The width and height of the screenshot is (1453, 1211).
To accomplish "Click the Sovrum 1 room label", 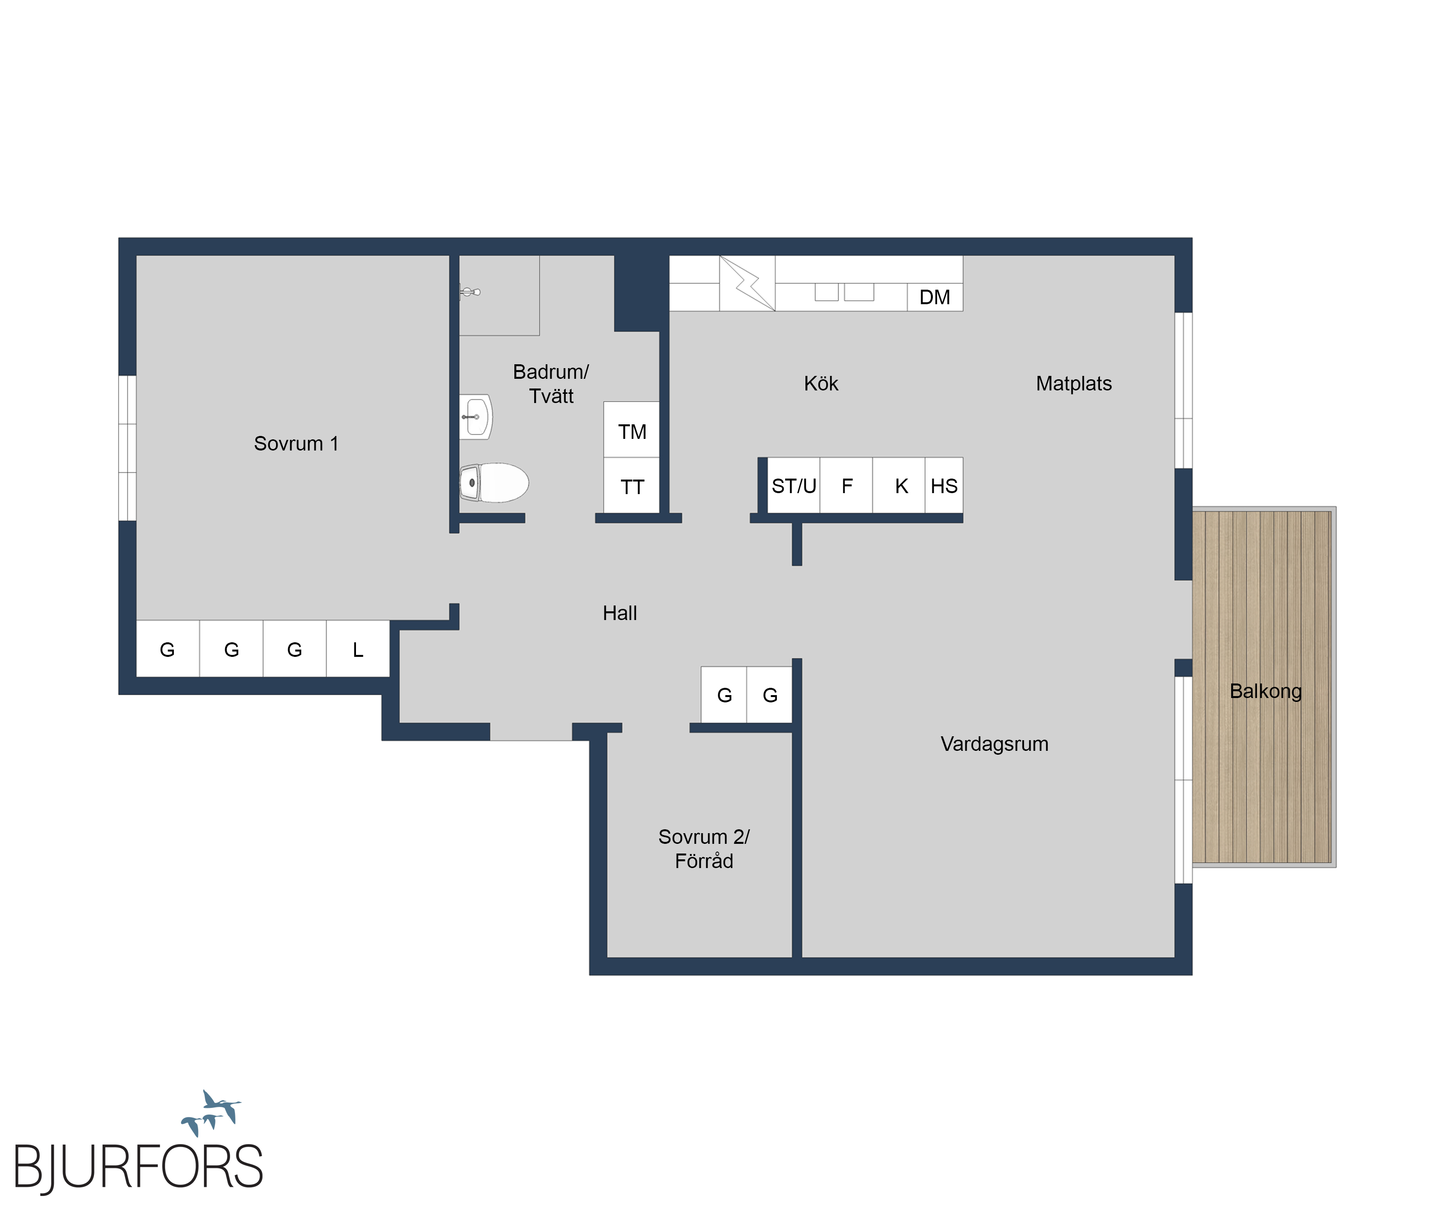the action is click(296, 444).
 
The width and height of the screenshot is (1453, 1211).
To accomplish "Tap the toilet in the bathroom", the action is click(494, 482).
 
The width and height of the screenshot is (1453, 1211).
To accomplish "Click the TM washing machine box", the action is click(632, 430).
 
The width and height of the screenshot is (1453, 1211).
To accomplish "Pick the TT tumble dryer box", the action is click(632, 485).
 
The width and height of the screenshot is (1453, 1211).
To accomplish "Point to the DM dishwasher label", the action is click(934, 297).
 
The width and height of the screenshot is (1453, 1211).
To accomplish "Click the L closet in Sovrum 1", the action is click(358, 649).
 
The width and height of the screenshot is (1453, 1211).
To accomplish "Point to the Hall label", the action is click(619, 613).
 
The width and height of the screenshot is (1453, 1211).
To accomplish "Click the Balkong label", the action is click(1266, 691).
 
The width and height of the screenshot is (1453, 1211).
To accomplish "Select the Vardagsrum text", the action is click(994, 744).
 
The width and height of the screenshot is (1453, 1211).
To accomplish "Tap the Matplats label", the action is click(1074, 383).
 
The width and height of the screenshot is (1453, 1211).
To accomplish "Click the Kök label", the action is click(821, 383).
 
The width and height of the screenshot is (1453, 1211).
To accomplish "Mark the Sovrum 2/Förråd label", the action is click(704, 848).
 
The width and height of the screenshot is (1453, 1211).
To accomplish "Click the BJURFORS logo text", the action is click(139, 1167).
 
